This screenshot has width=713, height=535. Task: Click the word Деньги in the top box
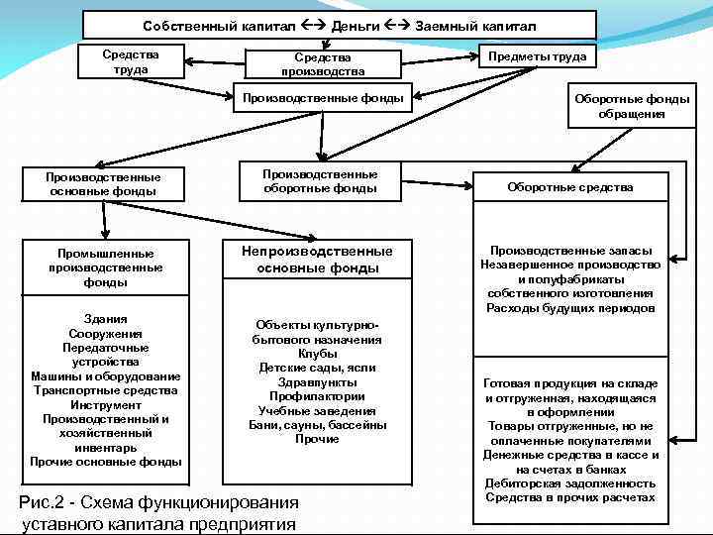(x=357, y=25)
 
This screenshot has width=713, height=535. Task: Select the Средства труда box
(x=131, y=61)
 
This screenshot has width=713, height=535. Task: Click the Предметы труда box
(x=537, y=56)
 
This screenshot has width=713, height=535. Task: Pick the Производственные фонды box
(x=323, y=98)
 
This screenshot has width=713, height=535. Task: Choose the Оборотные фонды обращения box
(x=632, y=106)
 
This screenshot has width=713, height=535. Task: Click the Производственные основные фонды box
(x=103, y=184)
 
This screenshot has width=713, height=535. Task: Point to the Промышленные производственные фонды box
(x=104, y=267)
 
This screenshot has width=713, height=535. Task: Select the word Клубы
(x=317, y=354)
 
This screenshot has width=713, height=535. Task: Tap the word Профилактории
(x=317, y=396)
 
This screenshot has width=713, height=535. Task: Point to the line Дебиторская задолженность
(x=570, y=483)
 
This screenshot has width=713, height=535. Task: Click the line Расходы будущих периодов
(x=570, y=308)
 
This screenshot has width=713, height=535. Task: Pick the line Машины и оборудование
(x=105, y=376)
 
